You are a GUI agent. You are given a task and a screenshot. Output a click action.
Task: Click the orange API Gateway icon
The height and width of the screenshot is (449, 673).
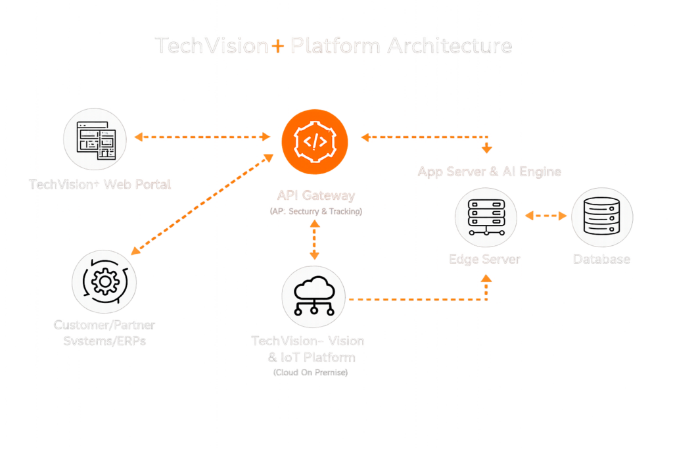314,141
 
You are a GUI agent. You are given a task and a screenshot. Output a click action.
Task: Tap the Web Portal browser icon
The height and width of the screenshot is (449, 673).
96,139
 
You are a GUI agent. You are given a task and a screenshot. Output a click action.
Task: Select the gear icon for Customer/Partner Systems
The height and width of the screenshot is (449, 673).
103,281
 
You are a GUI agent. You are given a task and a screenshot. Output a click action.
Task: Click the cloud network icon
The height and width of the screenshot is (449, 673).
313,296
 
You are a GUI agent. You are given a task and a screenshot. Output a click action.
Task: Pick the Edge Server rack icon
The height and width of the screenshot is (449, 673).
486,217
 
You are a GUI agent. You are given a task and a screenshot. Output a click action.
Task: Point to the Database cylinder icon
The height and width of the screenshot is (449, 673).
602,217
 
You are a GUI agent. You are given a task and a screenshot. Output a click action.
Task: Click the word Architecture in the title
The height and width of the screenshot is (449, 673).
450,46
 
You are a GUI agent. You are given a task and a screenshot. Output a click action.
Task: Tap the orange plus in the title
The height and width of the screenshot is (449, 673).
279,47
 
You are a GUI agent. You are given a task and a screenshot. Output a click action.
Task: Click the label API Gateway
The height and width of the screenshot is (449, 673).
315,195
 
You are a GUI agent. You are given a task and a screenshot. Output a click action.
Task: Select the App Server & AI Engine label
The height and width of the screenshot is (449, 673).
490,172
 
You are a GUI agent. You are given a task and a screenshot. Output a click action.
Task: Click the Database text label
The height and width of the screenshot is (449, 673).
601,259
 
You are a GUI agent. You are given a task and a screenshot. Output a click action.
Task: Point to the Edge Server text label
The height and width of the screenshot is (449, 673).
484,259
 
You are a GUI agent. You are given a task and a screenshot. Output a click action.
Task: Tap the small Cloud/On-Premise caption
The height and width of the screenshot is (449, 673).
310,373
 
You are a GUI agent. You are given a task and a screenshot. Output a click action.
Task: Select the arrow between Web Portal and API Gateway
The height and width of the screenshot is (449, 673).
202,137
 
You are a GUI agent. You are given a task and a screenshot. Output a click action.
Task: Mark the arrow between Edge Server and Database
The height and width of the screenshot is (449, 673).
544,215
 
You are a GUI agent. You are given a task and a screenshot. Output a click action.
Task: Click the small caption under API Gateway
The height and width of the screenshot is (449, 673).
315,211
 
